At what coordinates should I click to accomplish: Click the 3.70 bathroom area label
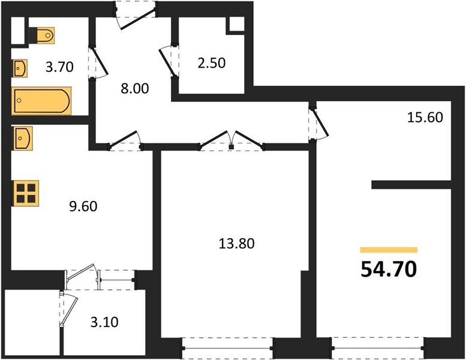pos(59,67)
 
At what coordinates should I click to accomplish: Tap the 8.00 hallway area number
pos(135,89)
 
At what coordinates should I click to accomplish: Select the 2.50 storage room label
pos(212,63)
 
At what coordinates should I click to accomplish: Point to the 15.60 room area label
pos(425,118)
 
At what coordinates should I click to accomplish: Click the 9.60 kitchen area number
pos(83,206)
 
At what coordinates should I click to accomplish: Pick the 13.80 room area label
pos(236,244)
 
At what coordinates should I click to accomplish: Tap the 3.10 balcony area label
pos(104,322)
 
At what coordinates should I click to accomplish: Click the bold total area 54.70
pos(389,269)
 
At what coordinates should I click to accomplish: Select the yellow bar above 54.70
pos(389,250)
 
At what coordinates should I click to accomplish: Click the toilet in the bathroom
pos(42,35)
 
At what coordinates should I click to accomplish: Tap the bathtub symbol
pos(41,101)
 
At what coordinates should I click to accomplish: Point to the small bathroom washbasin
pos(20,68)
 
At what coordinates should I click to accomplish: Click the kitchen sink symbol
pos(22,138)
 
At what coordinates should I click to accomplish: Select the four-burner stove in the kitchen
pos(25,193)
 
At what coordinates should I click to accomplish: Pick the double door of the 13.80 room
pos(232,140)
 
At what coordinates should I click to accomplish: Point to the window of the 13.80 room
pos(227,348)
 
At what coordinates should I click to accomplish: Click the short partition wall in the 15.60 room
pos(411,185)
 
